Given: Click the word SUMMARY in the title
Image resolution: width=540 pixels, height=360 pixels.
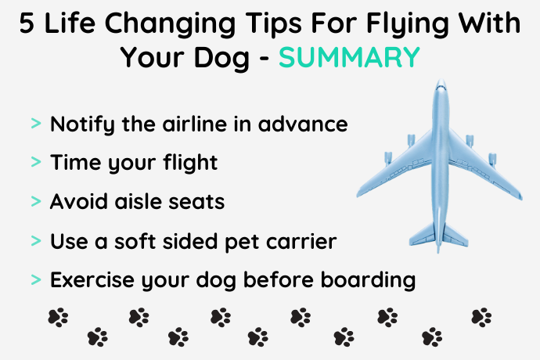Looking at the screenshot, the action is click(349, 56).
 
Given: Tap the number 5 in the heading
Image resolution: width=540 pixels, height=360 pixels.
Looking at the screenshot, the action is click(27, 23).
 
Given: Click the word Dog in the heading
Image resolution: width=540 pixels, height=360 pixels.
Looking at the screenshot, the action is click(221, 59).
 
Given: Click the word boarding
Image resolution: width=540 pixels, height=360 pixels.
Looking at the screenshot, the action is click(368, 280).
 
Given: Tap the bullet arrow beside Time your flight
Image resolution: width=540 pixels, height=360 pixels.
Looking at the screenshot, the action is click(36, 161).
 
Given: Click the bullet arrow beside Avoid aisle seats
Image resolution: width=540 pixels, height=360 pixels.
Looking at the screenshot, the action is click(36, 201).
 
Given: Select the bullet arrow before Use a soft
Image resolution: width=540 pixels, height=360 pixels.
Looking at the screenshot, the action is click(36, 240).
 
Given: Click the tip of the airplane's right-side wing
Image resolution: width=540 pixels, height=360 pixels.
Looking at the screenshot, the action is click(520, 197).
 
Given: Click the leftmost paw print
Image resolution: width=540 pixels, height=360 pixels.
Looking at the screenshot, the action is click(58, 317).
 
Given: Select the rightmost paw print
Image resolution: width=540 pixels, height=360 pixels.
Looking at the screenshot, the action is click(481, 317).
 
